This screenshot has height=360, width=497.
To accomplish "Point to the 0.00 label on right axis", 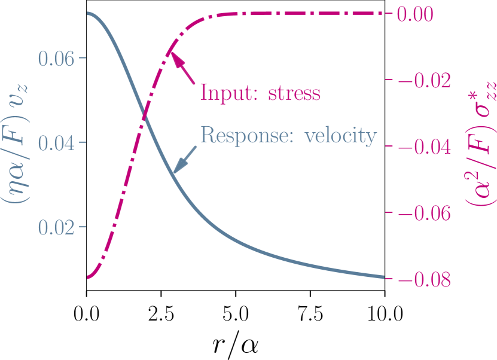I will (423, 14).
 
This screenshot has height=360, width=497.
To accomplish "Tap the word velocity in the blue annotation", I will (341, 136).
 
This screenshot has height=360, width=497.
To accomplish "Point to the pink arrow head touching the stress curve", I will (170, 56).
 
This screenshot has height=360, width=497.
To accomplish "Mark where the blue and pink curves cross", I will (144, 118).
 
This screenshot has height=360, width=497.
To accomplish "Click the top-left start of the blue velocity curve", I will (89, 13).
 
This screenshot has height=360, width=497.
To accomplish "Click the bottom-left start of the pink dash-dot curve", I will (89, 277).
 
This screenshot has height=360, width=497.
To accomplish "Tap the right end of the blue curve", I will (383, 276).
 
